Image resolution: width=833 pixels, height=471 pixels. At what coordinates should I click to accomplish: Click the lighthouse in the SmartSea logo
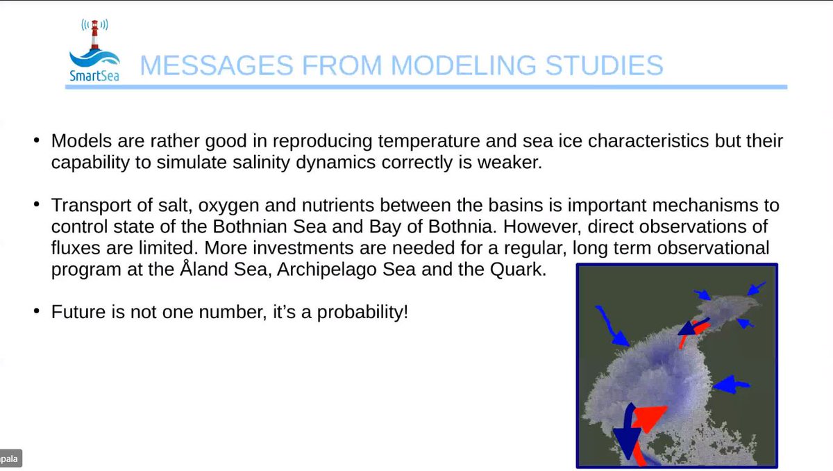point(94,37)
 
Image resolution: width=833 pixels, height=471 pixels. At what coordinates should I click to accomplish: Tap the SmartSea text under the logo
point(94,74)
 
